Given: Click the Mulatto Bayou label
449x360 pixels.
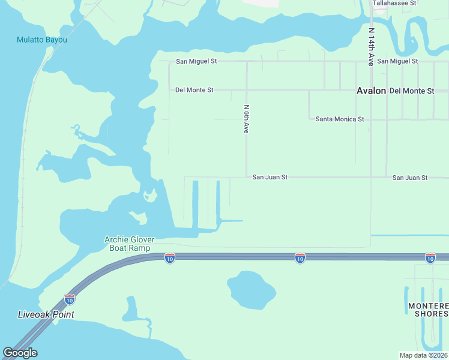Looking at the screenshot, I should pos(41,40).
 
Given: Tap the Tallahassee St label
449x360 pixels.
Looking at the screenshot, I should pos(394,3).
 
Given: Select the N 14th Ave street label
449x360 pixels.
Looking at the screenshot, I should pos(372,46).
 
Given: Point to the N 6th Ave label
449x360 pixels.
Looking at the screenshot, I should pos(246,119).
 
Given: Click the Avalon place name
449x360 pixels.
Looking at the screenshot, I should pos(371,91).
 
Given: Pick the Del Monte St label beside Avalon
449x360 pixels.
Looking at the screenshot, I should pos(411,91).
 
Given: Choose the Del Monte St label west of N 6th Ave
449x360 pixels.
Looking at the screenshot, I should pos(194,90).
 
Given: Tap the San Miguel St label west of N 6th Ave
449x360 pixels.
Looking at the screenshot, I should pos(196,61).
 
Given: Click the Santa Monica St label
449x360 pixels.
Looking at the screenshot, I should pos(340,119).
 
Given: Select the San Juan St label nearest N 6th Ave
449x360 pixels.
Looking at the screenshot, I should pos(270,178).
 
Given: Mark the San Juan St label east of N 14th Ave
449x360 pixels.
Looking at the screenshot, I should pos(409,178).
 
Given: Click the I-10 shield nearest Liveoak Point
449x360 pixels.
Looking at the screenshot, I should pos(70,299).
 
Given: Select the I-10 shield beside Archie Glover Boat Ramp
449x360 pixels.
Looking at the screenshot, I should pos(170,258).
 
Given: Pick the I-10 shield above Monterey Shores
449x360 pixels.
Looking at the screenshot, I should pos(430,258).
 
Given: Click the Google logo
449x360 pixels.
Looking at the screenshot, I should pos(20,353).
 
